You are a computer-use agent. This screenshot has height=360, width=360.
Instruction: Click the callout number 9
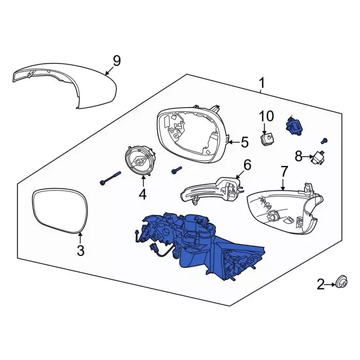click(116, 60)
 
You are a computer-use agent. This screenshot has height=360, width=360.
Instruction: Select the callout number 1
click(261, 84)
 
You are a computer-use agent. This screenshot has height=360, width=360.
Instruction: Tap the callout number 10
click(266, 116)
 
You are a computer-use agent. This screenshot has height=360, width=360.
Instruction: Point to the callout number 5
click(244, 142)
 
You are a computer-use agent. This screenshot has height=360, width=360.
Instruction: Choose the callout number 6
click(247, 165)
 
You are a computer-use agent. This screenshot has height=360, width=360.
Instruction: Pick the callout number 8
click(298, 155)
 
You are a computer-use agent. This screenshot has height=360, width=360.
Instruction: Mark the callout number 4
click(142, 195)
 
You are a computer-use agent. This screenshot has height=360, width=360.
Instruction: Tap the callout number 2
click(321, 286)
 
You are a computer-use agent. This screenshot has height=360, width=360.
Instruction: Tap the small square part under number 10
click(267, 138)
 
